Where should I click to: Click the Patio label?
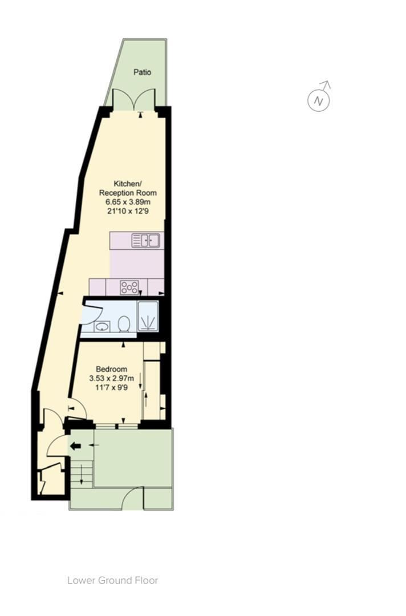click(x=143, y=72)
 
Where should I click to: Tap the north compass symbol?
click(x=319, y=100)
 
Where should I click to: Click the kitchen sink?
click(x=147, y=241)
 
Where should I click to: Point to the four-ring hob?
click(x=129, y=287)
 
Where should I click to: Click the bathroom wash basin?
click(x=101, y=327)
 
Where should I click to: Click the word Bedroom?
click(x=111, y=369)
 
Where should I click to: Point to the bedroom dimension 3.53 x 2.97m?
click(x=111, y=378)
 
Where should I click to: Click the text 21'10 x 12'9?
click(x=127, y=211)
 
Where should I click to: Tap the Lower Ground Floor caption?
click(x=112, y=581)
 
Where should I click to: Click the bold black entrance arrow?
click(x=75, y=446)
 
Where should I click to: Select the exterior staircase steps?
click(x=81, y=473)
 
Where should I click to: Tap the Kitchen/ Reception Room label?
click(x=127, y=188)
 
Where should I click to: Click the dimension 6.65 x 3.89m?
click(x=127, y=202)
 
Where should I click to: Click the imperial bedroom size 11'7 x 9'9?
click(x=111, y=387)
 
